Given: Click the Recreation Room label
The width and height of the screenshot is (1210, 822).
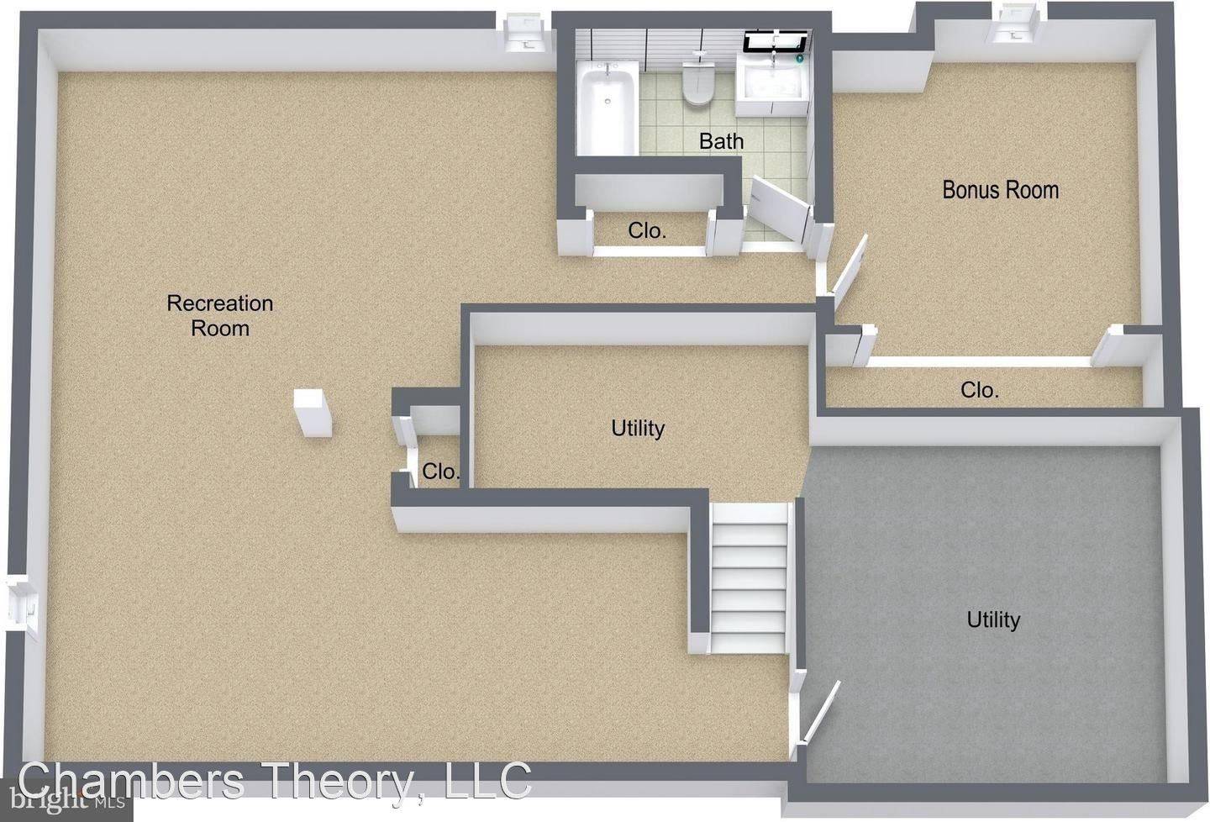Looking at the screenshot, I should pos(220,315).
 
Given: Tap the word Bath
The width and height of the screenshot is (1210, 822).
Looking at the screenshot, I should pos(721,141).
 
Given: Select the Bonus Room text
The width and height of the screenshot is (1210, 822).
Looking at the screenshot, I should pos(1000,190).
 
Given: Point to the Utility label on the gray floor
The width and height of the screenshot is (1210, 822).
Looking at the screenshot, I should pos(993,620).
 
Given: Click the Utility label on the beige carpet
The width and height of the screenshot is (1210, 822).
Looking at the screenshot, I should pos(638,429).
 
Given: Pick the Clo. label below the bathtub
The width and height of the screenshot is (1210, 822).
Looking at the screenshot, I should pos(647,230).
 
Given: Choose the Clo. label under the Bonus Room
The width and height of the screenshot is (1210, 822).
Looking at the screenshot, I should pos(980,390).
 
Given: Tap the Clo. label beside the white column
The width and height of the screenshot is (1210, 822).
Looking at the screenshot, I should pos(440,472).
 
